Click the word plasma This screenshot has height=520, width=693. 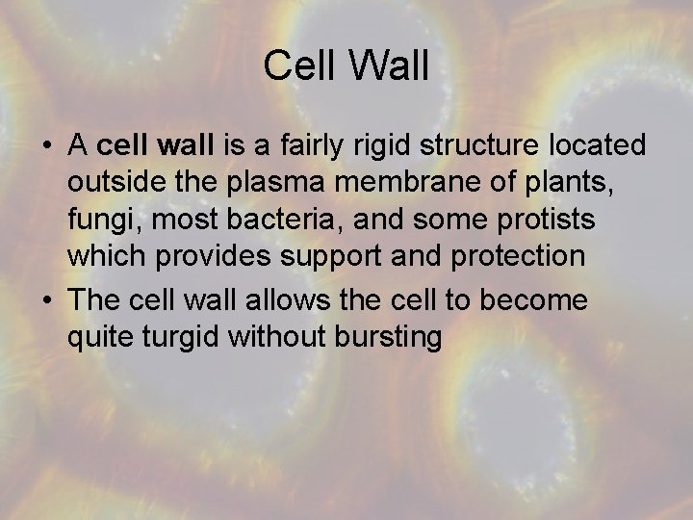click(244, 183)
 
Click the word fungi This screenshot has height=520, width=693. click(98, 221)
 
